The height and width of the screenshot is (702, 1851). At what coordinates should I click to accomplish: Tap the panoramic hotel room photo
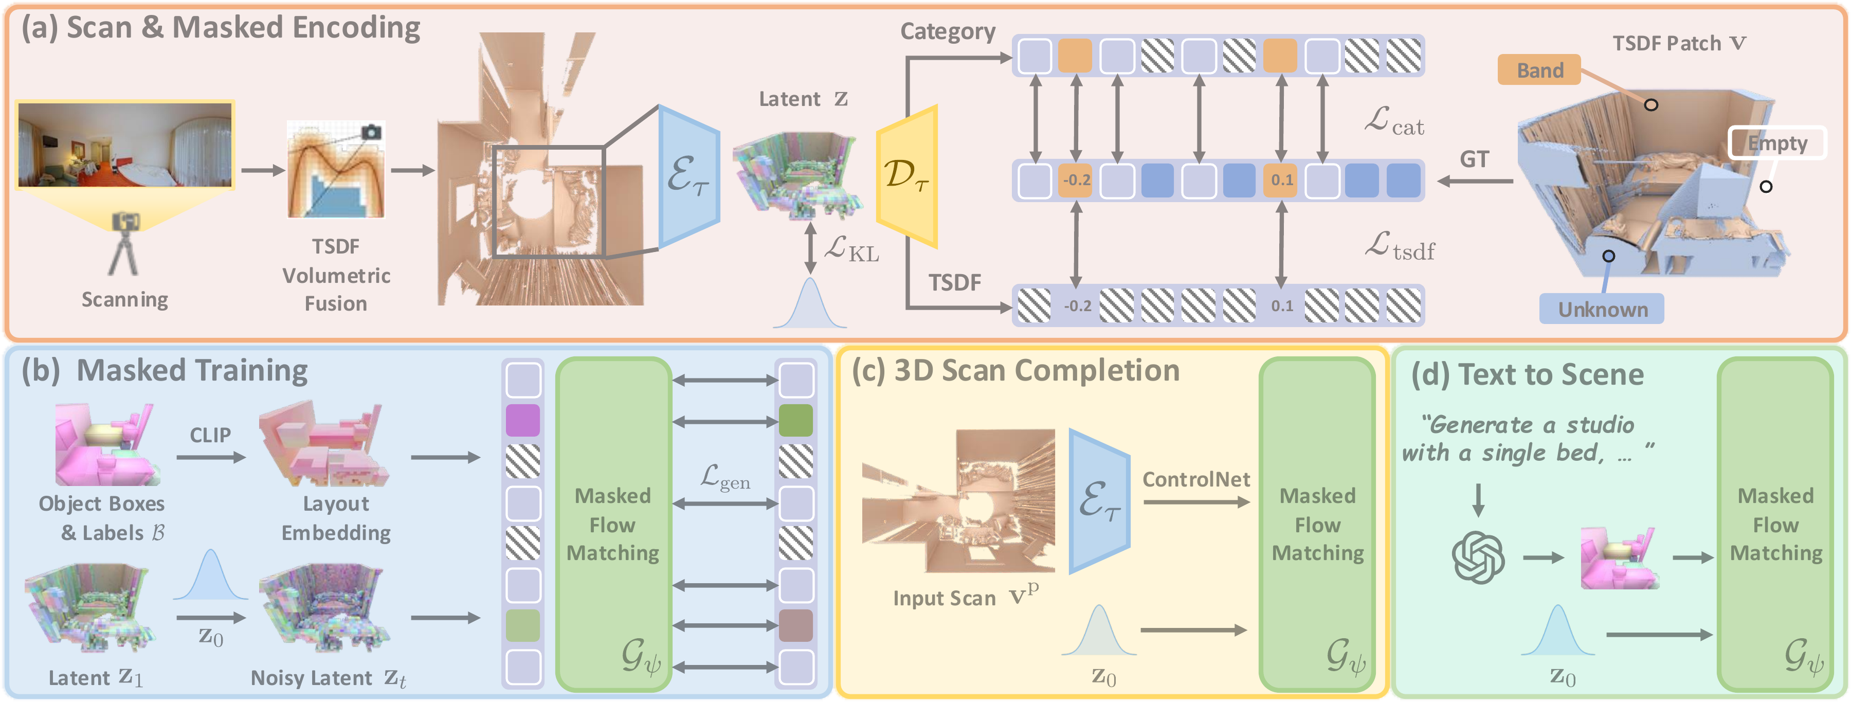pos(125,145)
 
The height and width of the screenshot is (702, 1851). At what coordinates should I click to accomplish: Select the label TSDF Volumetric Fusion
pos(336,275)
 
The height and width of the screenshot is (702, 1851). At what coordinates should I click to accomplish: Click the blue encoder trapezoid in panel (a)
pos(688,176)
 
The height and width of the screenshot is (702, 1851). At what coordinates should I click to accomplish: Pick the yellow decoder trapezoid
pos(908,176)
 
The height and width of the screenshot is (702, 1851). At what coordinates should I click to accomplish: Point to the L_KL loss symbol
pos(851,249)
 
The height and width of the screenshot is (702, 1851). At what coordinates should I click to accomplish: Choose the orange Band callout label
pos(1539,70)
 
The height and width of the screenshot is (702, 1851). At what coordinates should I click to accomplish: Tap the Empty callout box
pos(1776,143)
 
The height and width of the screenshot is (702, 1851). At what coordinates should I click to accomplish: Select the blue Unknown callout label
pos(1602,309)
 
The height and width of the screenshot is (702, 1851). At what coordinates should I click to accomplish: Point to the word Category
pos(947,31)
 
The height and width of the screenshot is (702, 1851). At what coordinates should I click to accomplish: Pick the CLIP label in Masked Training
pos(210,435)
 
